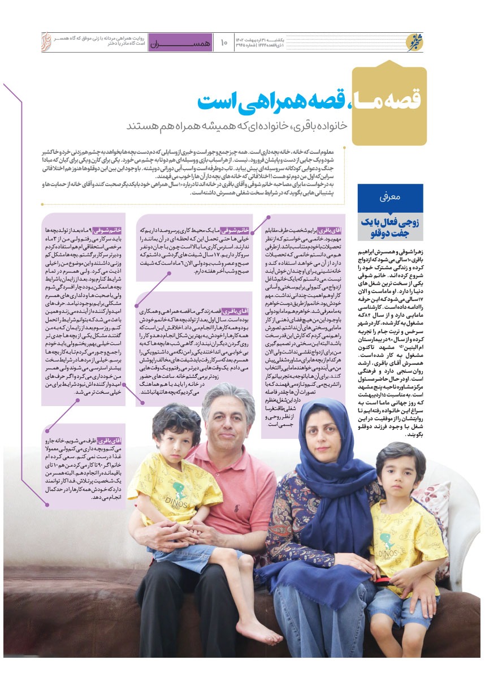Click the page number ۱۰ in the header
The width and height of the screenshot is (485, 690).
point(223,42)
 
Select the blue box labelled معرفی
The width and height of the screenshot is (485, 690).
point(390,198)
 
